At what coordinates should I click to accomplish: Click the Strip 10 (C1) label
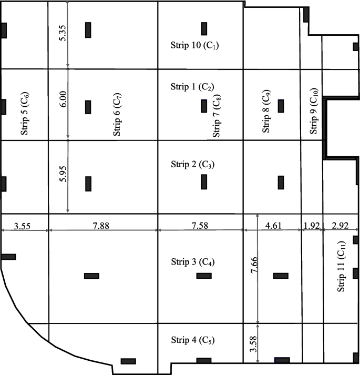[194, 45]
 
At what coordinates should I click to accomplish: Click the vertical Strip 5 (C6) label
[25, 114]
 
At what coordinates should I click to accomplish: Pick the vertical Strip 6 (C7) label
[117, 115]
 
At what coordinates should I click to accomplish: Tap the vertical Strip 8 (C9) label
[267, 113]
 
